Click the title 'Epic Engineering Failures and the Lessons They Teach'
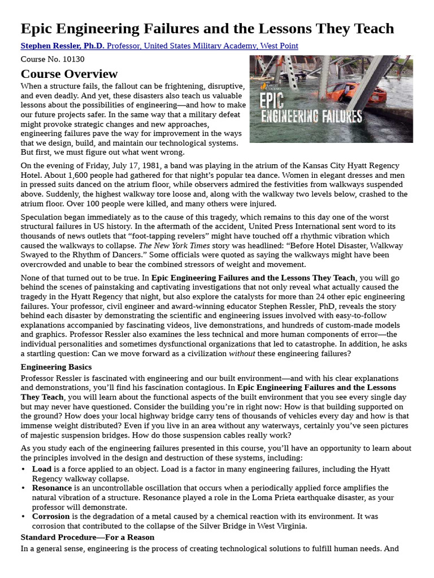[x=207, y=29]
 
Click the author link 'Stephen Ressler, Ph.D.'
[x=63, y=46]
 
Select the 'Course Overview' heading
[x=69, y=74]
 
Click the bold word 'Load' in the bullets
[x=42, y=469]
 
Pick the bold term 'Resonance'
[x=52, y=488]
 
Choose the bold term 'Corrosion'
[x=51, y=516]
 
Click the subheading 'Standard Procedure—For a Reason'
[x=88, y=537]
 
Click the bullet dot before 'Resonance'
[x=23, y=488]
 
